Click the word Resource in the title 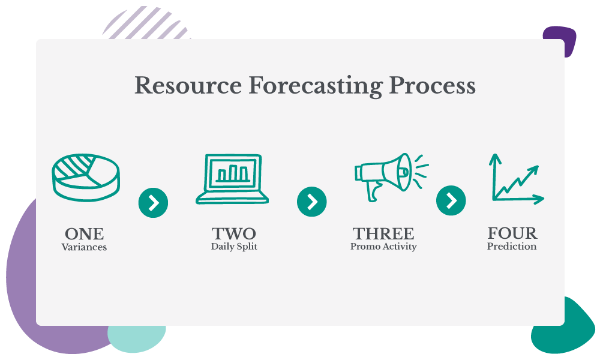(188, 85)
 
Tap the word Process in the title (433, 85)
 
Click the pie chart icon (86, 177)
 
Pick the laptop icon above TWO (232, 179)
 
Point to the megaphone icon (391, 177)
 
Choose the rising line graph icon (517, 179)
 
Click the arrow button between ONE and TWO (153, 203)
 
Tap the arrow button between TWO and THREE (312, 202)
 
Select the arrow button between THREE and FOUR (451, 200)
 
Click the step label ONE (84, 234)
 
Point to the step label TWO (234, 233)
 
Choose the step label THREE (383, 233)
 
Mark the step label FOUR (512, 233)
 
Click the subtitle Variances (84, 247)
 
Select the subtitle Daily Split (234, 247)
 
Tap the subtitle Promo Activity (383, 247)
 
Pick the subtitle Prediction (512, 247)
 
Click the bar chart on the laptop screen (233, 173)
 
